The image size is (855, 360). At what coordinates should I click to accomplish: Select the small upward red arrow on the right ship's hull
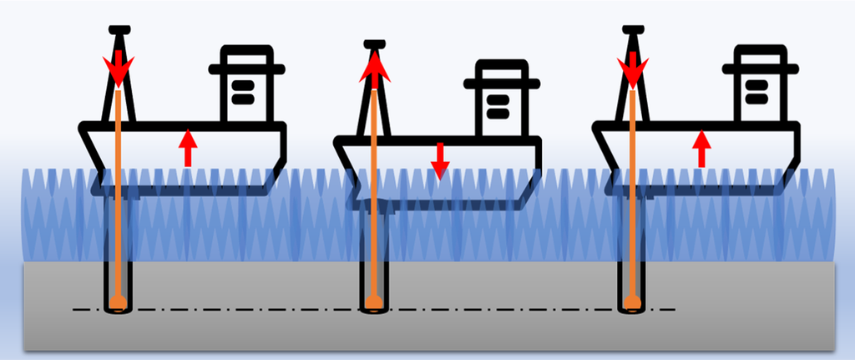[702, 148]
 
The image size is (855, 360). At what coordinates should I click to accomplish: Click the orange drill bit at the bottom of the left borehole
[119, 301]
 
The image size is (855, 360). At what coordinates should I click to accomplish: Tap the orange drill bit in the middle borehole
[374, 301]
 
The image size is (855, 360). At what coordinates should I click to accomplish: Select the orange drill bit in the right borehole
[634, 301]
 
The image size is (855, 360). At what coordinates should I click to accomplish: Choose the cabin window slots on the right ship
[756, 92]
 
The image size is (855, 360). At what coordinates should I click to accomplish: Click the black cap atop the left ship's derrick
[119, 29]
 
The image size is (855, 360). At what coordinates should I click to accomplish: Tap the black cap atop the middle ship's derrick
[375, 43]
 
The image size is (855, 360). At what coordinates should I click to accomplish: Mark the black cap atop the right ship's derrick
[634, 30]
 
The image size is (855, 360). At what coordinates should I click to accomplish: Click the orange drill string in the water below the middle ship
[374, 234]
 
